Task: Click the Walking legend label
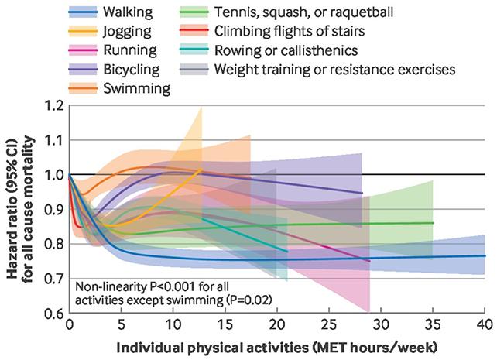pyautogui.click(x=128, y=12)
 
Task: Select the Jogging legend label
pyautogui.click(x=127, y=32)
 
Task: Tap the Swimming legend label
pyautogui.click(x=136, y=88)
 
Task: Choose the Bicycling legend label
pyautogui.click(x=132, y=70)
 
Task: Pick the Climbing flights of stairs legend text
pyautogui.click(x=290, y=31)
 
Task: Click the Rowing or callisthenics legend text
pyautogui.click(x=286, y=50)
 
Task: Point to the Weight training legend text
pyautogui.click(x=334, y=70)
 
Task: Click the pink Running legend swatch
pyautogui.click(x=83, y=50)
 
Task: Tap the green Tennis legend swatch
pyautogui.click(x=194, y=12)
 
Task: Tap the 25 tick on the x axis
pyautogui.click(x=329, y=325)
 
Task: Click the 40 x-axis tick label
pyautogui.click(x=485, y=325)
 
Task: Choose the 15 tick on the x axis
pyautogui.click(x=225, y=325)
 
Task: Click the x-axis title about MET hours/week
pyautogui.click(x=277, y=348)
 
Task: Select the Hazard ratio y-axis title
pyautogui.click(x=20, y=209)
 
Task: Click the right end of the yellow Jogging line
pyautogui.click(x=201, y=170)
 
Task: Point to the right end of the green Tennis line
pyautogui.click(x=433, y=223)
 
